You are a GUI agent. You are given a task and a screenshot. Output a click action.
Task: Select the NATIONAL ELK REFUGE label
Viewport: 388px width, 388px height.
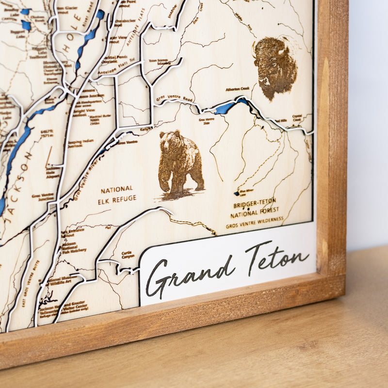point(117,194)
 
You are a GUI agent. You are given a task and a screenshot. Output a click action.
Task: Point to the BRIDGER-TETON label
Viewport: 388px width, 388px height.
point(254,201)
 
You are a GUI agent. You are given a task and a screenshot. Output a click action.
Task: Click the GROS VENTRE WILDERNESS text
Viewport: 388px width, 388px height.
point(255,223)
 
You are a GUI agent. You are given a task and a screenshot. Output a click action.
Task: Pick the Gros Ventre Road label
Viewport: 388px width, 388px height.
point(168,99)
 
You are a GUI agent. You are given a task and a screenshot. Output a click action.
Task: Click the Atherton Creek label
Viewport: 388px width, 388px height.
point(238,89)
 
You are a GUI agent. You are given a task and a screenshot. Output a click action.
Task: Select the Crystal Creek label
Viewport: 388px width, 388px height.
point(298,118)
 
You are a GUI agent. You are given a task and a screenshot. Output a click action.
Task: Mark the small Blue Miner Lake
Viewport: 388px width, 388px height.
point(237,193)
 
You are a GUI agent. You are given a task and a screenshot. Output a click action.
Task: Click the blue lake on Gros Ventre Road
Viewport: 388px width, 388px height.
point(226,107)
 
